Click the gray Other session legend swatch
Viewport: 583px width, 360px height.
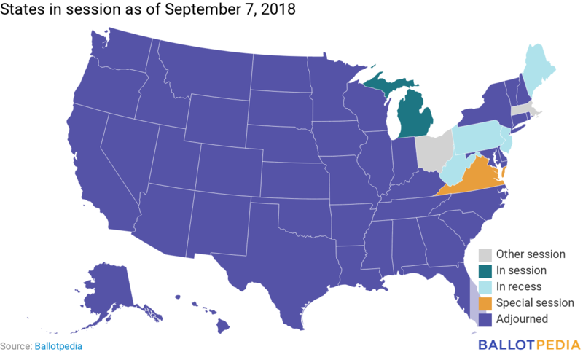[485, 254]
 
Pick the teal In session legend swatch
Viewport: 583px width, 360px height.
[485, 270]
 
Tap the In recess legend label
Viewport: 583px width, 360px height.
[519, 286]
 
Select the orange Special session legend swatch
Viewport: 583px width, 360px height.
[485, 302]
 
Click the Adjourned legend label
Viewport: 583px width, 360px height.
[522, 318]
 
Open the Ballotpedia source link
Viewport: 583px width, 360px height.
[58, 346]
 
